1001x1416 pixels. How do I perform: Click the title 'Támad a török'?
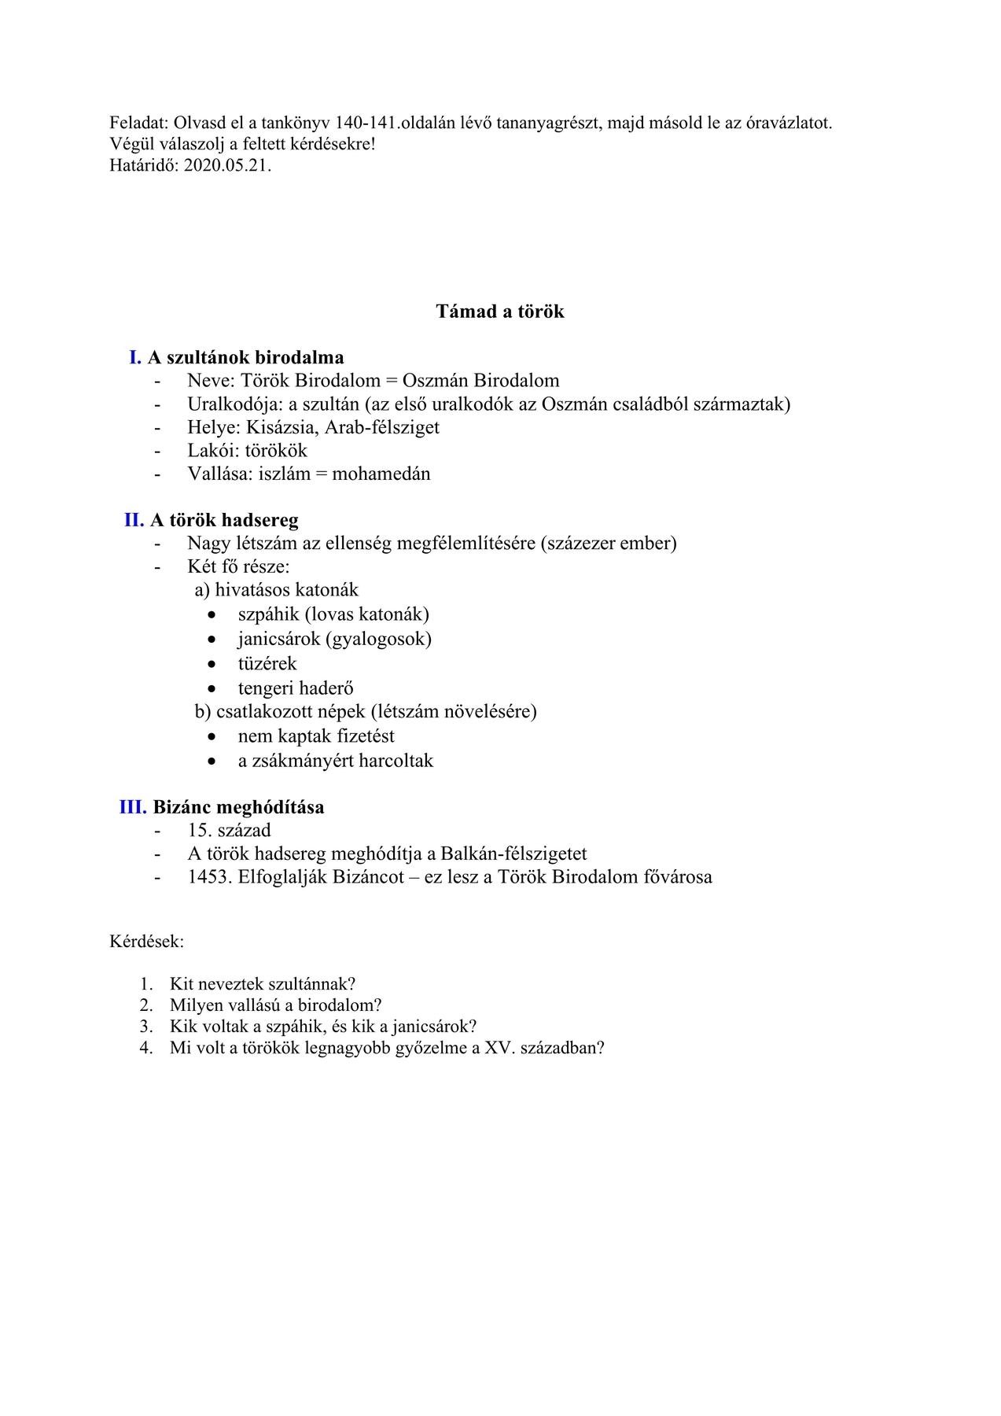pyautogui.click(x=500, y=312)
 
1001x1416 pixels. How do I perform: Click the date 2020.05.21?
pyautogui.click(x=227, y=166)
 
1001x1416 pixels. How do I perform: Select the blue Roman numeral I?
pyautogui.click(x=135, y=358)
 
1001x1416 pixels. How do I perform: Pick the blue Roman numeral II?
pyautogui.click(x=134, y=520)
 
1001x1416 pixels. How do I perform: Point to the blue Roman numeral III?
pyautogui.click(x=133, y=807)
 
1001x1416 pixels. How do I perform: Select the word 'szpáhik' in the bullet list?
pyautogui.click(x=268, y=614)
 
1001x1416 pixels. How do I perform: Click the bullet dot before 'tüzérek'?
pyautogui.click(x=212, y=664)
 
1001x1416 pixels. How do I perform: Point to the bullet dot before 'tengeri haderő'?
pyautogui.click(x=212, y=689)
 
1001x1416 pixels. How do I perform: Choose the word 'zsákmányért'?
pyautogui.click(x=303, y=761)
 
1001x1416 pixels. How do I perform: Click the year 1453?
pyautogui.click(x=210, y=877)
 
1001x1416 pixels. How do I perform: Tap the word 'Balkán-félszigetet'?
pyautogui.click(x=513, y=854)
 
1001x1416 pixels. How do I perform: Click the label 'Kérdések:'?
pyautogui.click(x=147, y=942)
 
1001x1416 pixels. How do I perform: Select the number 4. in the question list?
pyautogui.click(x=146, y=1048)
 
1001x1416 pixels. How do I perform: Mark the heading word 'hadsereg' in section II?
pyautogui.click(x=260, y=520)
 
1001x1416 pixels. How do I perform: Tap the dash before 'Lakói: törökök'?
pyautogui.click(x=158, y=451)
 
